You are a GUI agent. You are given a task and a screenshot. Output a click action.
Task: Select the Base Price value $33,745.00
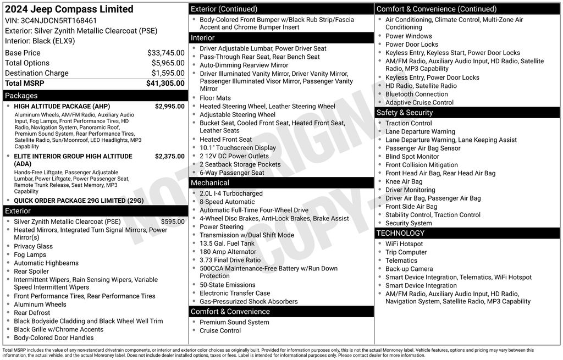tap(166, 53)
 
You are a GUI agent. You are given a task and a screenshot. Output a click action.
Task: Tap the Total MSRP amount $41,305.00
tap(165, 83)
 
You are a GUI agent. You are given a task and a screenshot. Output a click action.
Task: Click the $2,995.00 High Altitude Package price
tap(169, 107)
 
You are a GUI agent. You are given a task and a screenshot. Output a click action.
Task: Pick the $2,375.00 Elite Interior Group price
tap(169, 157)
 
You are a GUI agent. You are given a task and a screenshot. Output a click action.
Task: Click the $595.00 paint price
tap(173, 221)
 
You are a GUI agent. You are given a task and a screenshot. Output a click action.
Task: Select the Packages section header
tap(21, 96)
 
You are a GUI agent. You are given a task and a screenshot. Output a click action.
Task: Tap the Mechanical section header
tap(210, 182)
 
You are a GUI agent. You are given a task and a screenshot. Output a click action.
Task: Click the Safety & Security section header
tap(405, 113)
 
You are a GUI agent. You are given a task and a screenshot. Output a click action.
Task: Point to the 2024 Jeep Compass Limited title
tap(69, 9)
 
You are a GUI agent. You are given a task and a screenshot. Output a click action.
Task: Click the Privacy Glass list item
tap(34, 246)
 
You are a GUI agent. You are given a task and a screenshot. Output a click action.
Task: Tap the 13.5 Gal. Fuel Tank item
tap(227, 243)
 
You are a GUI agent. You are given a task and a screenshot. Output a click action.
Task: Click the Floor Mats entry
tap(215, 98)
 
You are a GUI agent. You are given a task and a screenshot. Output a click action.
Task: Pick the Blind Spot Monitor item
tap(412, 157)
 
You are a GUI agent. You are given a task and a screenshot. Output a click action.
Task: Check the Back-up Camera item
tap(409, 269)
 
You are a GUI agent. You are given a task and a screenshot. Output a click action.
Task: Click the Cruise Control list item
tap(220, 330)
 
